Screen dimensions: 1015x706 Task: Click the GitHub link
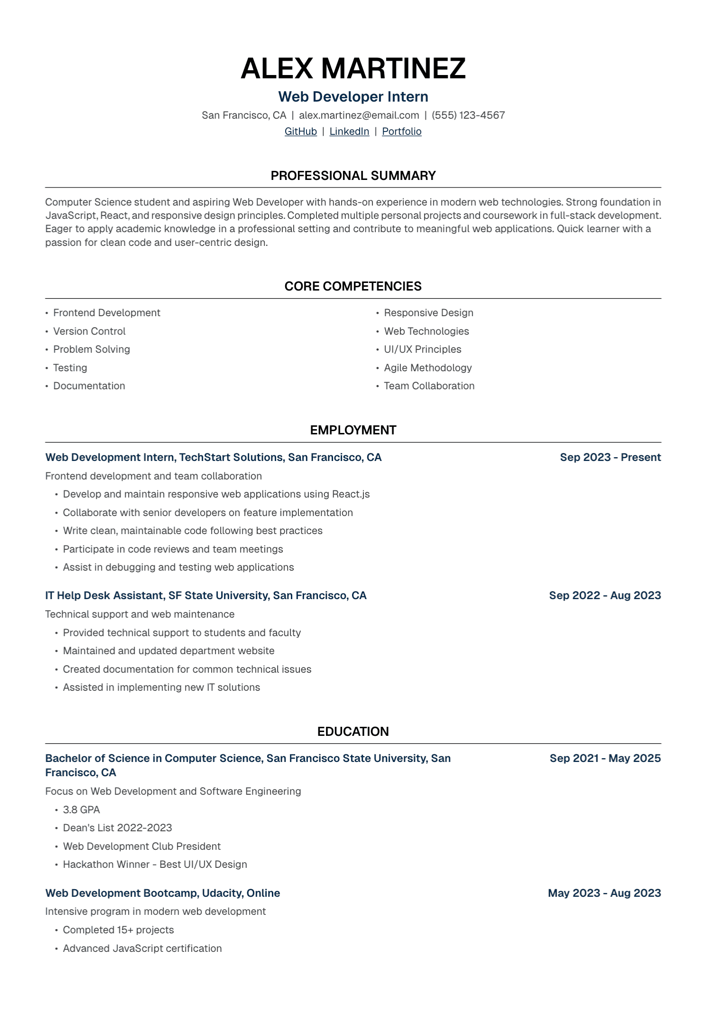point(300,132)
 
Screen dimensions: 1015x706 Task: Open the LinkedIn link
point(349,132)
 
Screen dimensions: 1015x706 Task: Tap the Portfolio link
point(401,132)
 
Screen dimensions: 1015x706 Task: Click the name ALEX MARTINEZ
point(353,68)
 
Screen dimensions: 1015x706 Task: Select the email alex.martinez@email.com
point(359,115)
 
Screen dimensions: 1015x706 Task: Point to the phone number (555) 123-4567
point(468,115)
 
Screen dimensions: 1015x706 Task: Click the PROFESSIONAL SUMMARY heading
point(353,176)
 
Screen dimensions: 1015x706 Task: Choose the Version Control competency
point(89,331)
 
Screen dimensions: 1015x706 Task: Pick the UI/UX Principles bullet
point(422,349)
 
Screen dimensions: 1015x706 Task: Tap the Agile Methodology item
point(427,368)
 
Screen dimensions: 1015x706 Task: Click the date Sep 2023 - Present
point(610,457)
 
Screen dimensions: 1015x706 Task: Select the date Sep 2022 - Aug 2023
point(604,595)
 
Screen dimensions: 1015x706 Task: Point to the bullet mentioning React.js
point(216,494)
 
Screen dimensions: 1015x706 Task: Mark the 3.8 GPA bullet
point(81,809)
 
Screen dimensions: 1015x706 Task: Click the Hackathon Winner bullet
point(155,865)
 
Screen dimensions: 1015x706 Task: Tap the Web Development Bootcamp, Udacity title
point(162,893)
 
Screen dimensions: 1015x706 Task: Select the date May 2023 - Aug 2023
point(604,893)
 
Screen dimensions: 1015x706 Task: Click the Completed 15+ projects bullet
point(118,930)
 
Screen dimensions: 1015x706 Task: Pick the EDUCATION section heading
point(353,732)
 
